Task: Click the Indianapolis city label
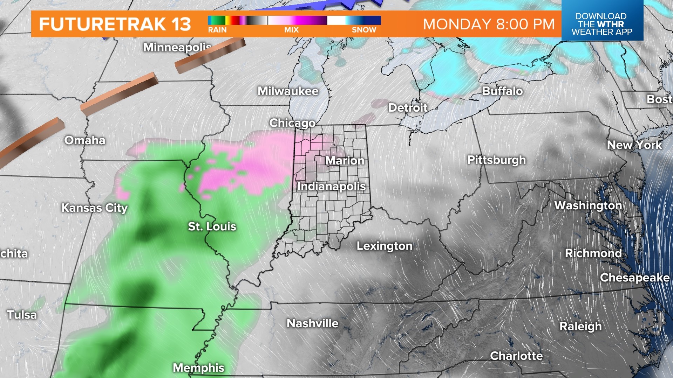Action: (331, 186)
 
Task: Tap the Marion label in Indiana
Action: (345, 161)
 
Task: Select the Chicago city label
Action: (292, 123)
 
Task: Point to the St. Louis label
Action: (212, 226)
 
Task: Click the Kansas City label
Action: (95, 208)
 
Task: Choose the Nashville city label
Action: (312, 323)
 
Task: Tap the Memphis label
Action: (198, 367)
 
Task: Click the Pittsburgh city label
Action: (496, 160)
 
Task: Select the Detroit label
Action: (408, 107)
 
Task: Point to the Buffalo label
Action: (502, 91)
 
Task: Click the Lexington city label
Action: (385, 246)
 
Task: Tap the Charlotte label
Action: (516, 356)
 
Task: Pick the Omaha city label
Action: (85, 140)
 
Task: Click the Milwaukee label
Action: (288, 91)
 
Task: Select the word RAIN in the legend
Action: (217, 30)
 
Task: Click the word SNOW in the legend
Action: (364, 30)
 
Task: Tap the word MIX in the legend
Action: (291, 30)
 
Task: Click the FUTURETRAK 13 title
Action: (115, 24)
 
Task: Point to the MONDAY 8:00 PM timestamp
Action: (489, 24)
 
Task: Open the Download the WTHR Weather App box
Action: (602, 24)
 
